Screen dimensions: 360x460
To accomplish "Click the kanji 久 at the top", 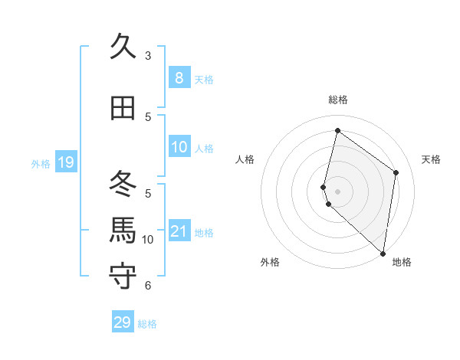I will (123, 47).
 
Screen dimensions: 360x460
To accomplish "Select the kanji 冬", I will (123, 185).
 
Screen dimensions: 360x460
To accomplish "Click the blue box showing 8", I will (179, 78).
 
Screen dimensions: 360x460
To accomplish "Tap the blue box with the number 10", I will (179, 148).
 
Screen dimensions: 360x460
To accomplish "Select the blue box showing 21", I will (179, 232).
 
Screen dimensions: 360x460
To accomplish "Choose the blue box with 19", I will (65, 162).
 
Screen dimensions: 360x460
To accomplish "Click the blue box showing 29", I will (123, 322).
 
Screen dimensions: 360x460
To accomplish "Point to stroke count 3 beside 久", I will (148, 56).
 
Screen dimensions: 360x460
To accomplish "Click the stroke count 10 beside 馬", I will (148, 240).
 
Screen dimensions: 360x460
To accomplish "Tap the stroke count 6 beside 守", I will (148, 286).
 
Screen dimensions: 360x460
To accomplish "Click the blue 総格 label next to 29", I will (147, 324).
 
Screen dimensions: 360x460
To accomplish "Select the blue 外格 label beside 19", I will (41, 163).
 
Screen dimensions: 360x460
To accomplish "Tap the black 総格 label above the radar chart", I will (338, 100).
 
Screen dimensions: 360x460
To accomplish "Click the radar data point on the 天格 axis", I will (396, 172).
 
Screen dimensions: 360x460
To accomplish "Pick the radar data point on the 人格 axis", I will (324, 187).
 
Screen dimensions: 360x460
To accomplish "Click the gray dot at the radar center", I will (338, 191).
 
